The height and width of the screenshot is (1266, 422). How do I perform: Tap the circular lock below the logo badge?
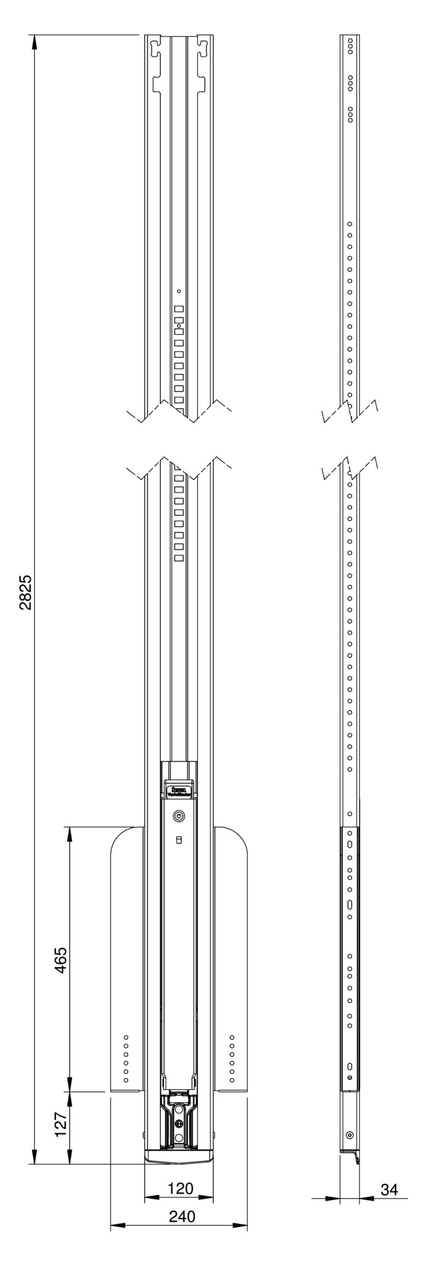pos(179,816)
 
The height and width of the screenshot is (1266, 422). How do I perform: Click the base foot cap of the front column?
pos(179,1154)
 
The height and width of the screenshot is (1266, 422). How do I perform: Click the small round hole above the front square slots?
pos(179,291)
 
